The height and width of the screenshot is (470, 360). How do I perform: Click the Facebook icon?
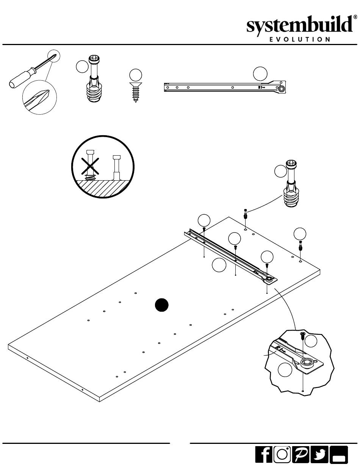[264, 454]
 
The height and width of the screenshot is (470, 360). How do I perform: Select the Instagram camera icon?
[282, 454]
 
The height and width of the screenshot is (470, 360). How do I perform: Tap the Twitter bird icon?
[319, 454]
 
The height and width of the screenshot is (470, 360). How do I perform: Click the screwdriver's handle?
[19, 79]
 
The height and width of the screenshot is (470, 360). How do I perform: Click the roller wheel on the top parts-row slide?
[282, 88]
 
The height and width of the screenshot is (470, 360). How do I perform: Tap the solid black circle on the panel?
[162, 305]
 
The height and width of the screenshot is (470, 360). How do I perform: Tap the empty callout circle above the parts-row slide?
[260, 73]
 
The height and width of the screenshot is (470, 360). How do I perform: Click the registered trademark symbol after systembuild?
[355, 17]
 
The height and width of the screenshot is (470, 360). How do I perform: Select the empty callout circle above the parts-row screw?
[135, 75]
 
